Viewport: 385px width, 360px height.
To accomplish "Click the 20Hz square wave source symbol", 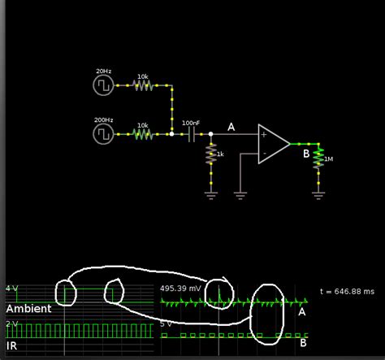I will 105,83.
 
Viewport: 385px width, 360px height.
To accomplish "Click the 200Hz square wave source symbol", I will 105,133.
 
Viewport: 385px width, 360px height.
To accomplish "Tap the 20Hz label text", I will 103,71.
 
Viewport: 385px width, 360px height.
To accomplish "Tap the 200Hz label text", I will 104,120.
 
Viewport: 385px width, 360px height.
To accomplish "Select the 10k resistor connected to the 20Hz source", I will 142,84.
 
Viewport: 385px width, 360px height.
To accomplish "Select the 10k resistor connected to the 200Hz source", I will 142,134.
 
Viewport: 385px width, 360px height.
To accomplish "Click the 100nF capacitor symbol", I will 192,134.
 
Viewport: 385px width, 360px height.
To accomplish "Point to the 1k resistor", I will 211,154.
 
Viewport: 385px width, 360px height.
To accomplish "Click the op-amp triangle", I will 273,144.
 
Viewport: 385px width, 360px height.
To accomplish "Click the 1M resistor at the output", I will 318,158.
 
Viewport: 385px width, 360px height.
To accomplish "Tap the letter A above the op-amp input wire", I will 231,127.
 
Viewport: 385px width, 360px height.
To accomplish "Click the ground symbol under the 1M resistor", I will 318,193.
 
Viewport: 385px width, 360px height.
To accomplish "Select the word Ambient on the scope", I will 29,309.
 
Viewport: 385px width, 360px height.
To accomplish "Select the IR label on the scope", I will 14,345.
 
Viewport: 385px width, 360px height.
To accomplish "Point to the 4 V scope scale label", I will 11,288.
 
